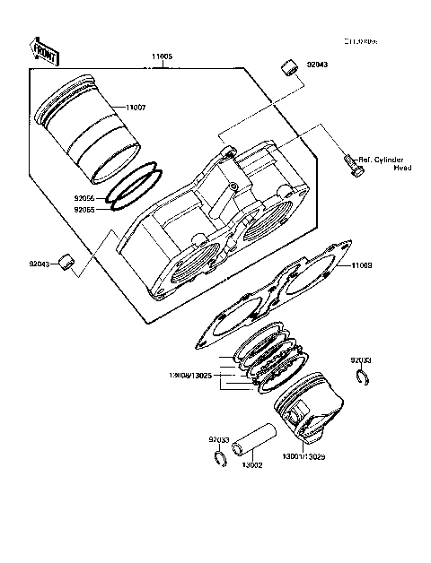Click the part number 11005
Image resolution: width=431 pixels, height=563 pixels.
pyautogui.click(x=163, y=56)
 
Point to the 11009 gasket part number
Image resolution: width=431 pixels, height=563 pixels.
pyautogui.click(x=362, y=266)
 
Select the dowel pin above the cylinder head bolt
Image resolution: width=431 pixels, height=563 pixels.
pyautogui.click(x=289, y=66)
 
